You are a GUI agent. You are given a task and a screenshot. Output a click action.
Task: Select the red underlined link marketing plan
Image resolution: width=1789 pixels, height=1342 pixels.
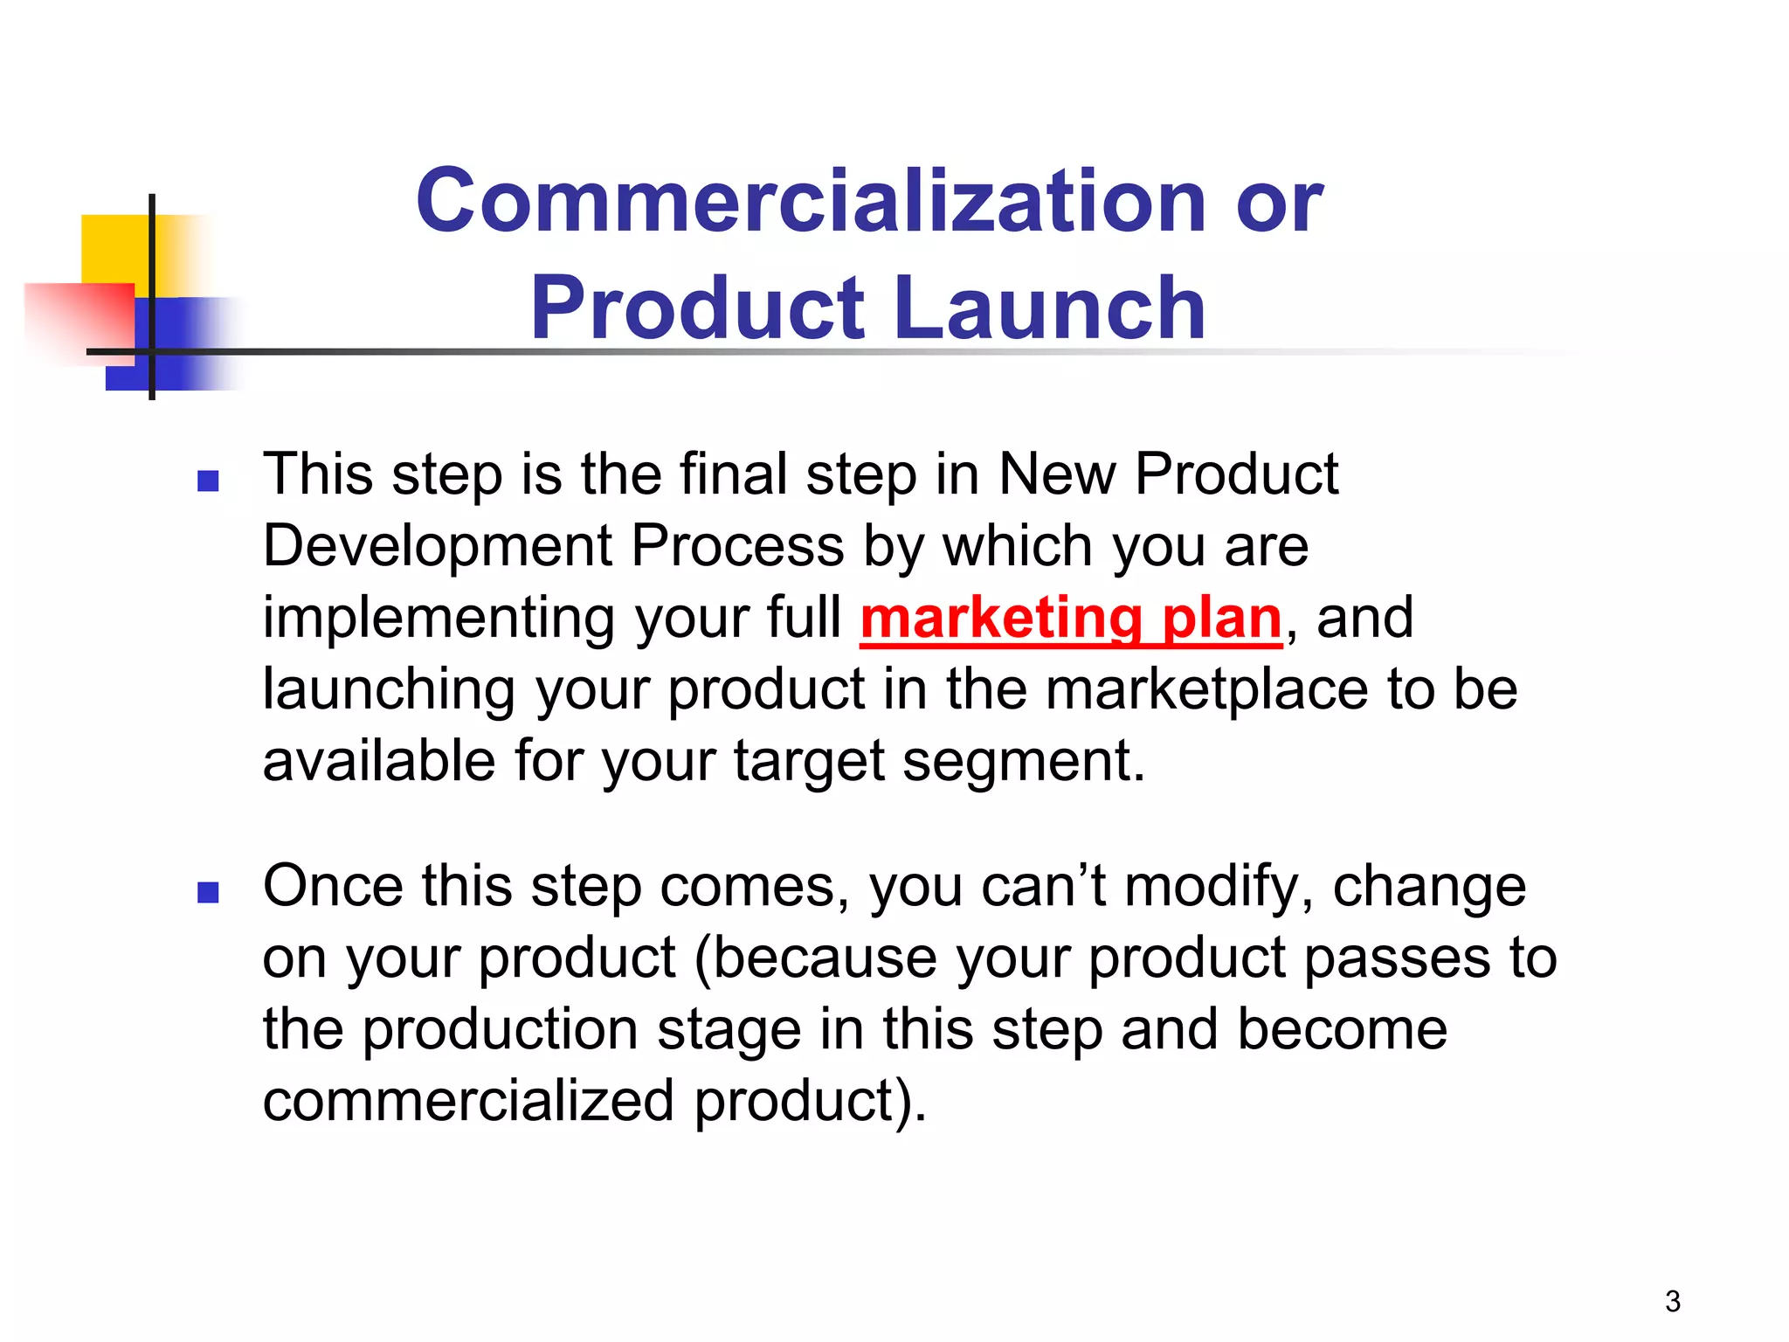click(1071, 618)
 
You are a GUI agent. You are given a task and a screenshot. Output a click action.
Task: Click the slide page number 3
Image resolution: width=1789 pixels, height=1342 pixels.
click(1672, 1301)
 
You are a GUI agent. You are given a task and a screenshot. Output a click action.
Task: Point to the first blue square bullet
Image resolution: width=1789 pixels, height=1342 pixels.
click(208, 481)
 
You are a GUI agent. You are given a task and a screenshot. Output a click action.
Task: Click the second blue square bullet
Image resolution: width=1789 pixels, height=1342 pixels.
click(208, 892)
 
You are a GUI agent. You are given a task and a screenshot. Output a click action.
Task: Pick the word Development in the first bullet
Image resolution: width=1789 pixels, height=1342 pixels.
click(438, 546)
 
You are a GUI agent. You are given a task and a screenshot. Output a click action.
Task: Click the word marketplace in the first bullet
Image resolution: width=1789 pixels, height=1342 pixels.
click(1205, 689)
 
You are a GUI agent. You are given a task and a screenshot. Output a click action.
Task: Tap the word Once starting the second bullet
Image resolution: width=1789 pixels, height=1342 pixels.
click(332, 886)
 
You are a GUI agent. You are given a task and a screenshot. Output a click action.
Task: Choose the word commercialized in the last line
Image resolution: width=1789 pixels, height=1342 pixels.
click(468, 1101)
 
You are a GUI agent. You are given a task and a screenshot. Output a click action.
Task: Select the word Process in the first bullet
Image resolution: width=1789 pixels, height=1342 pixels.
click(737, 546)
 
